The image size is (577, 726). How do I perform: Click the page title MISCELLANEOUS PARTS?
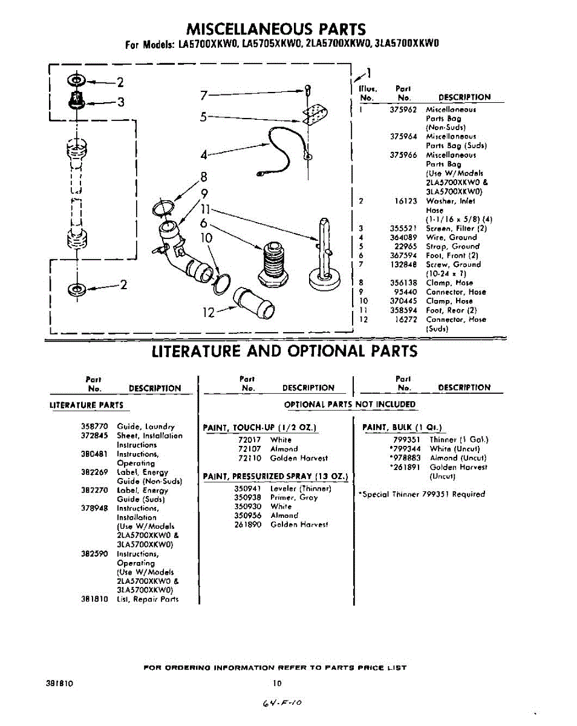tap(276, 29)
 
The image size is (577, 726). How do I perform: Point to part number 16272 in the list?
tap(406, 319)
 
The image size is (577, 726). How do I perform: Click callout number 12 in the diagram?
tap(209, 312)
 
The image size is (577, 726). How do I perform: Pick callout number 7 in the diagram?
tap(204, 95)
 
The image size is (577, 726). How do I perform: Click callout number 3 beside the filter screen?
tap(120, 102)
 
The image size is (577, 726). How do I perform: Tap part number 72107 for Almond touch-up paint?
tap(250, 449)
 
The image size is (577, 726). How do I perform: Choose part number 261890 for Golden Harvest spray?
tap(247, 525)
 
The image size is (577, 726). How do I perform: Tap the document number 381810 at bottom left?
tap(60, 683)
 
